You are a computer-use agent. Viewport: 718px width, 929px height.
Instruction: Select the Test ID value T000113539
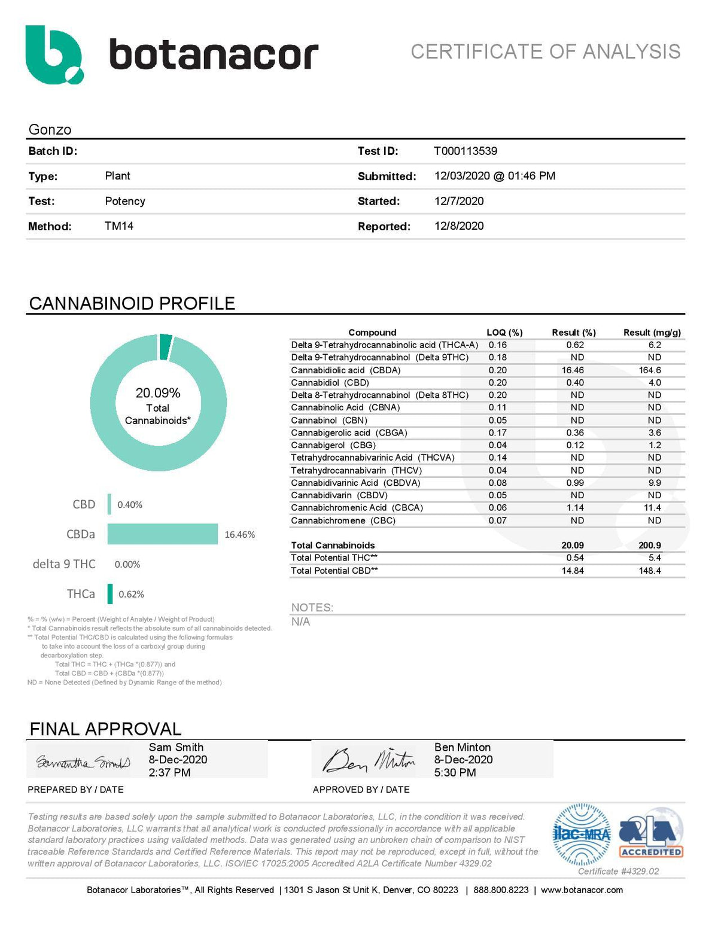(466, 151)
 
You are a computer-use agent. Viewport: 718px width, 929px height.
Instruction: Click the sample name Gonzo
(50, 130)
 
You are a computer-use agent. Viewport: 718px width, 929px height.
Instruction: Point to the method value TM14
(119, 226)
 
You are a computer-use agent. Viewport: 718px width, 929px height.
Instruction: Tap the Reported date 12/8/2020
(459, 226)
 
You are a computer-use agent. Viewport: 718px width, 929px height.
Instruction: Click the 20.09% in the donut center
(158, 393)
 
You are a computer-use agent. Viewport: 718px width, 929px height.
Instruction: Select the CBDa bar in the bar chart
(162, 534)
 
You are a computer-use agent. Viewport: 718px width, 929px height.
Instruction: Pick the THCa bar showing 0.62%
(110, 594)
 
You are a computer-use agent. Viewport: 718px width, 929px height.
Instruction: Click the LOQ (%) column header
(504, 333)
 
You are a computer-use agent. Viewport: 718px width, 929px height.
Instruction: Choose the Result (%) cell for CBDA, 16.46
(573, 370)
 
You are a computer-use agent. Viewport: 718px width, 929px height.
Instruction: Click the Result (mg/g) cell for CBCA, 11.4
(652, 508)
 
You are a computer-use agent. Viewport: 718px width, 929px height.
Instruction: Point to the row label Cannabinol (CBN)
(329, 421)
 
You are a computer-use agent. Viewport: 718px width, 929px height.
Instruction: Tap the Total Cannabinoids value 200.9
(650, 546)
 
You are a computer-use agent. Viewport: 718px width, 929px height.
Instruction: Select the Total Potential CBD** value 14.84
(573, 571)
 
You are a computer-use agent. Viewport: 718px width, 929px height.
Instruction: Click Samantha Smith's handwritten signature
(83, 763)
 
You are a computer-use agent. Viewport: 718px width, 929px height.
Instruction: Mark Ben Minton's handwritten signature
(369, 760)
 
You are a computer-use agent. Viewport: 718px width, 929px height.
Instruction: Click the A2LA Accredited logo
(651, 833)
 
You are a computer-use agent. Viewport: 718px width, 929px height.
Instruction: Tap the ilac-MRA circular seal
(581, 834)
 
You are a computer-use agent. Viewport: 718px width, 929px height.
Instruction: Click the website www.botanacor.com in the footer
(582, 890)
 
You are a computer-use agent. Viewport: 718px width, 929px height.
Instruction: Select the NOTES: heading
(312, 608)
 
